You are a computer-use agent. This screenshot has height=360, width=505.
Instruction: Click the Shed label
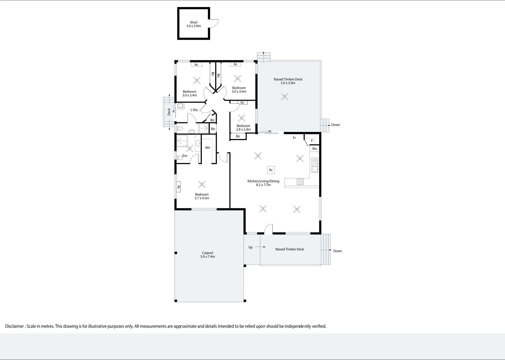pos(193,22)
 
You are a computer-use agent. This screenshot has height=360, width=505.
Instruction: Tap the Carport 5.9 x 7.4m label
pos(207,255)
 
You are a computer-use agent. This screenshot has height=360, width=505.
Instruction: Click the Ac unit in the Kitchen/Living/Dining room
pos(271,170)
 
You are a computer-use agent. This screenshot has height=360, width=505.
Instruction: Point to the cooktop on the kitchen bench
pos(300,182)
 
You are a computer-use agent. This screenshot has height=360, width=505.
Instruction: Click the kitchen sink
pos(315,165)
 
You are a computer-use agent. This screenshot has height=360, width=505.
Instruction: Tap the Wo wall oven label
pos(315,149)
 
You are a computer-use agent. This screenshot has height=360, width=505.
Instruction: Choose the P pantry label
pos(312,141)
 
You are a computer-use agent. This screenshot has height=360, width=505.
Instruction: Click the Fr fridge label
pos(294,138)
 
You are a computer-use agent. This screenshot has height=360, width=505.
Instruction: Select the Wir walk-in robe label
pos(207,148)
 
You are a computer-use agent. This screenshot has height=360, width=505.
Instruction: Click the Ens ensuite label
pos(185,155)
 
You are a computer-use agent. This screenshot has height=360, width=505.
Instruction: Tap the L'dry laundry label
pos(194,110)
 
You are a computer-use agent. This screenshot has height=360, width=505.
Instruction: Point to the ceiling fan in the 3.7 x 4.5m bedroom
pos(202,185)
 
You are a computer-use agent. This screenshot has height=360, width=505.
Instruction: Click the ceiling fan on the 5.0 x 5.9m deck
pos(285,97)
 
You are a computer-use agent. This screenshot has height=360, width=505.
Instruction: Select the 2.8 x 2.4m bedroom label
pos(243,128)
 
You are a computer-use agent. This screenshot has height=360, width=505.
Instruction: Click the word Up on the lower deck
pos(250,247)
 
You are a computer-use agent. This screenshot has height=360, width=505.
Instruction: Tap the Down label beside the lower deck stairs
pos(338,251)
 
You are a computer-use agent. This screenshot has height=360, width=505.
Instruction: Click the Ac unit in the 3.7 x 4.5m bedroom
pos(178,187)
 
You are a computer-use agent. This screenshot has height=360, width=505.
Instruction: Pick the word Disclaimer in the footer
pos(14,326)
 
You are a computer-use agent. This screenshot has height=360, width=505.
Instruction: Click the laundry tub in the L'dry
pos(180,105)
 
